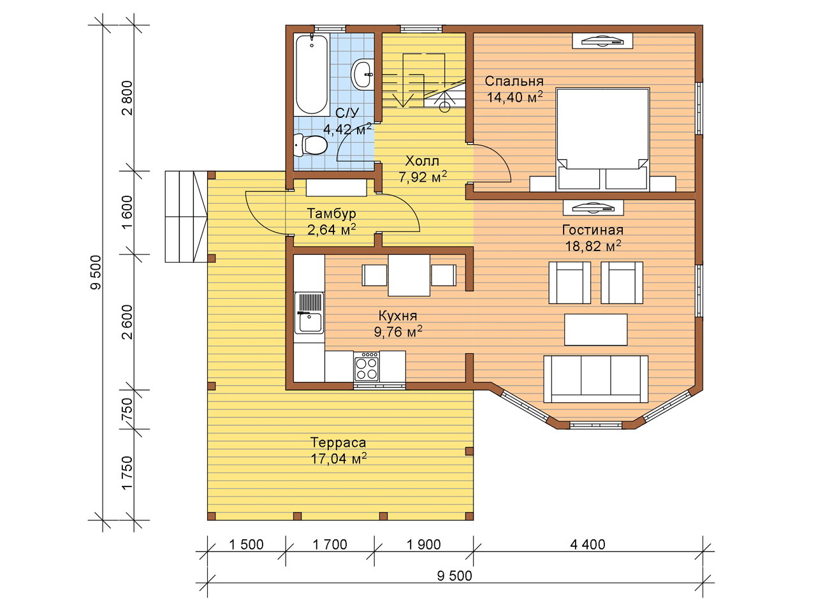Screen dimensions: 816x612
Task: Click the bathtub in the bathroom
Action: (312, 75)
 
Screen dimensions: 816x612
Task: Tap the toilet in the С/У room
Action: (310, 145)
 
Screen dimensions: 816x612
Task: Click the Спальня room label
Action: (514, 81)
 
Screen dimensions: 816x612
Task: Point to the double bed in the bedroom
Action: (602, 140)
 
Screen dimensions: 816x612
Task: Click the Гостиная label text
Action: (593, 230)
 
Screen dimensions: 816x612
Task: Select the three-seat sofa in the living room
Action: (595, 379)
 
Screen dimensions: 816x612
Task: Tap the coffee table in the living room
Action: (596, 330)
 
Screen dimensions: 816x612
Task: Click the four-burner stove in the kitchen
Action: (367, 366)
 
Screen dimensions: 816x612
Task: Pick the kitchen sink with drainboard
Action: (309, 312)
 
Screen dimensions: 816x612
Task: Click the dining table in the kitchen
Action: (409, 275)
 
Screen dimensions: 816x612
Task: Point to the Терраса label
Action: (338, 442)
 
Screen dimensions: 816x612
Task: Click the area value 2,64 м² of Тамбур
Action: (331, 229)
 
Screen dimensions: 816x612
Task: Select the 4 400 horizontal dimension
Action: (588, 544)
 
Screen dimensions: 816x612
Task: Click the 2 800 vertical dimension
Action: (127, 98)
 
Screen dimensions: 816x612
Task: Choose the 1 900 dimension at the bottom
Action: (423, 544)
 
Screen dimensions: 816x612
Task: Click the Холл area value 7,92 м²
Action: (423, 177)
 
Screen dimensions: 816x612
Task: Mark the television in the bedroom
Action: (602, 41)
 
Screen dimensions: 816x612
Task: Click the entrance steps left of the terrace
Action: (186, 217)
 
